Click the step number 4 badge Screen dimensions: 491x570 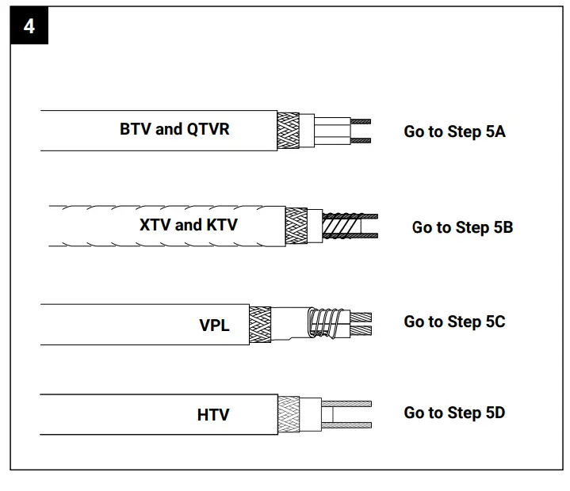[29, 26]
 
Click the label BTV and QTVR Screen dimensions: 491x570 [174, 129]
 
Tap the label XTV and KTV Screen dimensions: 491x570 [188, 225]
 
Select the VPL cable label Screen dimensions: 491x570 [214, 325]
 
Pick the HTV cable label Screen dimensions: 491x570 [213, 414]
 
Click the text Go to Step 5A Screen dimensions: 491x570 [454, 131]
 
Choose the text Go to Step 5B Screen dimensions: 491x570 [462, 227]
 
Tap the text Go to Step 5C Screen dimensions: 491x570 [454, 322]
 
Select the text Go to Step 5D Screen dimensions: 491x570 [454, 413]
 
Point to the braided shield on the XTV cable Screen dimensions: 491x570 [296, 226]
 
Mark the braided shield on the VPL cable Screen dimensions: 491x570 [260, 324]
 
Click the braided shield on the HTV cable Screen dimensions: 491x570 [289, 414]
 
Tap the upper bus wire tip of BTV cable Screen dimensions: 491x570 [361, 122]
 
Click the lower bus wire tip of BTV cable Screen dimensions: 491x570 [361, 141]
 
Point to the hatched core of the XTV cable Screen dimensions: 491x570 [341, 226]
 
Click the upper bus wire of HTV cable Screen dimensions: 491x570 [349, 403]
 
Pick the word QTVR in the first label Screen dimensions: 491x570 [208, 129]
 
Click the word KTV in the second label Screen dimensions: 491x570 [222, 225]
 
